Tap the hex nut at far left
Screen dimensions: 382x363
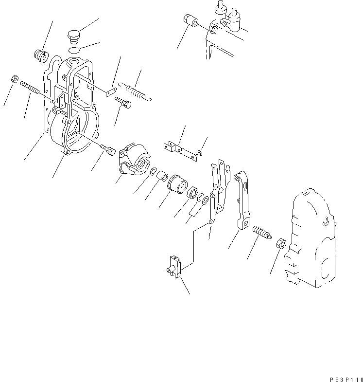click(15, 78)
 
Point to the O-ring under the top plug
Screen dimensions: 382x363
click(73, 50)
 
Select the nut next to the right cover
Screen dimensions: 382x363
click(280, 243)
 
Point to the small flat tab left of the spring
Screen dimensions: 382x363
click(111, 91)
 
